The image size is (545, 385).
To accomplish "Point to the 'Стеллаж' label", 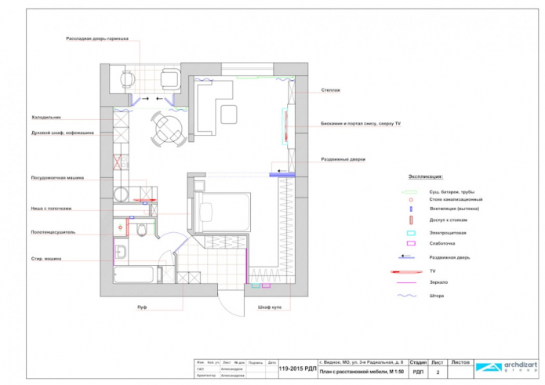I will tap(330, 90).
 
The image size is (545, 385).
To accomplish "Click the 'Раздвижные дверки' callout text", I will tap(343, 159).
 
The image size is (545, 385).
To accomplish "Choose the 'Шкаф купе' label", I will tap(269, 307).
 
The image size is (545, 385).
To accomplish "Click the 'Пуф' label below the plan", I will tap(141, 307).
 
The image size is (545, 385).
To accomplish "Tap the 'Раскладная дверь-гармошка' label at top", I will tap(97, 38).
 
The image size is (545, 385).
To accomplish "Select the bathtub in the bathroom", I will tap(135, 276).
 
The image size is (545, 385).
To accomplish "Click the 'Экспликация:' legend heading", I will tap(426, 177).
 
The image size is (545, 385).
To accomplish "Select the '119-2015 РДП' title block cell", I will tap(296, 369).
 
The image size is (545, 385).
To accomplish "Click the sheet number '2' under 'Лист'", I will tap(438, 373).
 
